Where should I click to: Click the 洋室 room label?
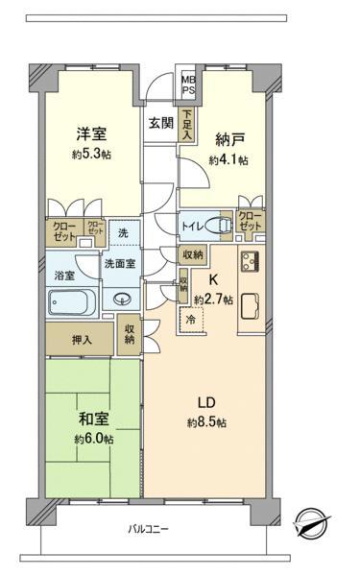pyautogui.click(x=91, y=133)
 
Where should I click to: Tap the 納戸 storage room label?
pyautogui.click(x=229, y=139)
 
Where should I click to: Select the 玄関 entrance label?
pyautogui.click(x=161, y=123)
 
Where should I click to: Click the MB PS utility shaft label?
pyautogui.click(x=189, y=84)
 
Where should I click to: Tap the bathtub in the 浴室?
pyautogui.click(x=72, y=301)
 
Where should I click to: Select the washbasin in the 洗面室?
pyautogui.click(x=122, y=300)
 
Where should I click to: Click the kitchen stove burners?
pyautogui.click(x=250, y=261)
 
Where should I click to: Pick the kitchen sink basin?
pyautogui.click(x=250, y=306)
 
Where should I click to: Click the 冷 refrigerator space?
pyautogui.click(x=191, y=320)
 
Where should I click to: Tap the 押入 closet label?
pyautogui.click(x=82, y=340)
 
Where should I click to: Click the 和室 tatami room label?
pyautogui.click(x=94, y=419)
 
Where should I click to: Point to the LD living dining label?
pyautogui.click(x=206, y=403)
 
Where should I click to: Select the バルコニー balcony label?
pyautogui.click(x=149, y=529)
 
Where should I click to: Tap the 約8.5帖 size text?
pyautogui.click(x=206, y=423)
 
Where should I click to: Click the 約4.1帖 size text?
pyautogui.click(x=228, y=160)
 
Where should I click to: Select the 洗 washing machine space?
pyautogui.click(x=123, y=232)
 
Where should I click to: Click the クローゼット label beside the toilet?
pyautogui.click(x=251, y=221)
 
